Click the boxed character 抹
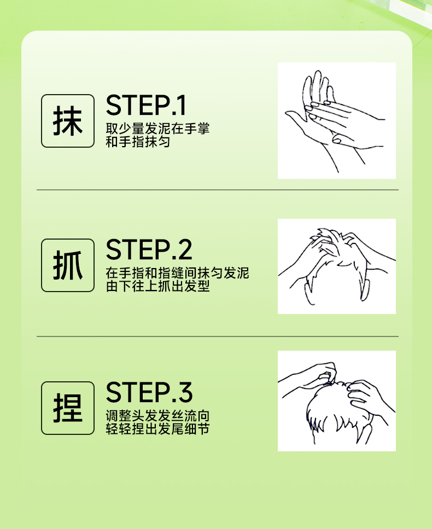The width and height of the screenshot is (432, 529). pyautogui.click(x=68, y=121)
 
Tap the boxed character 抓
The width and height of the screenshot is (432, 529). pyautogui.click(x=68, y=265)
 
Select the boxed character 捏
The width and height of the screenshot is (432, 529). pyautogui.click(x=68, y=408)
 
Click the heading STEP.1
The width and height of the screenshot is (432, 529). pyautogui.click(x=145, y=105)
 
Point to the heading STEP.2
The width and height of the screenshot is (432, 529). pyautogui.click(x=149, y=249)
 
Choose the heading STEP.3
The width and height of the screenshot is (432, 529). pyautogui.click(x=149, y=392)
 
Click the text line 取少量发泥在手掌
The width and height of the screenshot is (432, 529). pyautogui.click(x=157, y=129)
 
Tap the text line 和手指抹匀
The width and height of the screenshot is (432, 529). pyautogui.click(x=138, y=142)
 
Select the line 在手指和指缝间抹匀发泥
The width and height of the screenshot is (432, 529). pyautogui.click(x=177, y=273)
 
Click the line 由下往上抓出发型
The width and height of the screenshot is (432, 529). pyautogui.click(x=157, y=286)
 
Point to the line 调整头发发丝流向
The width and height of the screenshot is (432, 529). pyautogui.click(x=157, y=416)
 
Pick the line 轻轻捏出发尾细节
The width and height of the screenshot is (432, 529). pyautogui.click(x=157, y=429)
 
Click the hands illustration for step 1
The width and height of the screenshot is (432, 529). pyautogui.click(x=336, y=120)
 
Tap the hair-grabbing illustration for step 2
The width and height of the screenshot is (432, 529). pyautogui.click(x=336, y=266)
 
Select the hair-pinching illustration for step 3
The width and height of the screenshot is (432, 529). pyautogui.click(x=336, y=401)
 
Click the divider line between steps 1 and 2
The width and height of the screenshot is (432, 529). pyautogui.click(x=218, y=190)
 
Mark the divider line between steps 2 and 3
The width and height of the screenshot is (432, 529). pyautogui.click(x=218, y=336)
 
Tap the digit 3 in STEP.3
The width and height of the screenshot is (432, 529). pyautogui.click(x=185, y=392)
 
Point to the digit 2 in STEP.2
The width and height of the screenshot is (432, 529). pyautogui.click(x=185, y=249)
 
